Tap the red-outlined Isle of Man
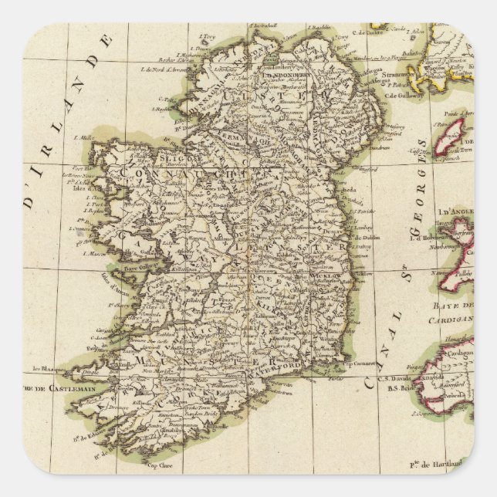coord(449,137)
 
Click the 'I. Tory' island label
coord(206,35)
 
